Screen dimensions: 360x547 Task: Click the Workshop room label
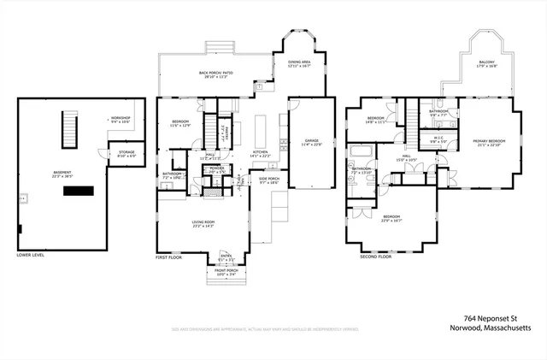[x=120, y=120]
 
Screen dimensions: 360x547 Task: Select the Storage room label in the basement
[x=126, y=154]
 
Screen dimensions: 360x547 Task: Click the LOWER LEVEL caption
[x=32, y=255]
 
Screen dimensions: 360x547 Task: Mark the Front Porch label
[x=226, y=273]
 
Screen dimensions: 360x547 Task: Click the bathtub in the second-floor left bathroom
[x=358, y=152]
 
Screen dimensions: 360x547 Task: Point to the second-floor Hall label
[x=406, y=158]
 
